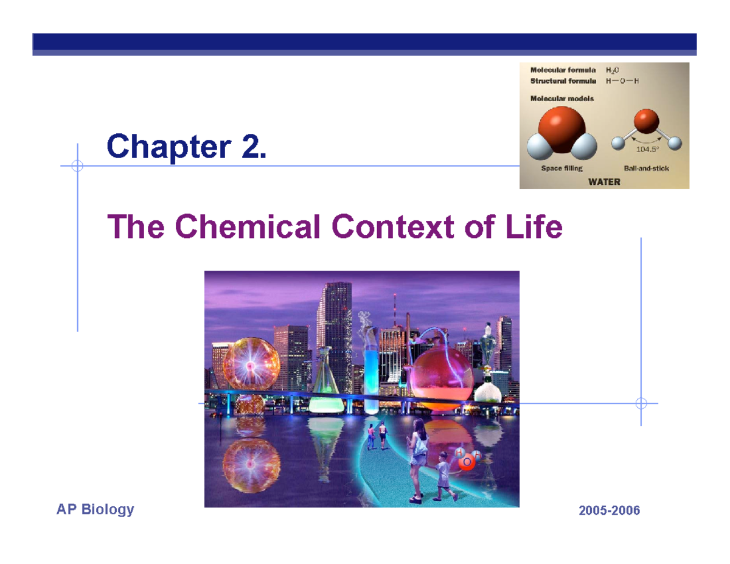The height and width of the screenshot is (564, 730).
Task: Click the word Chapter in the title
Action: click(x=165, y=147)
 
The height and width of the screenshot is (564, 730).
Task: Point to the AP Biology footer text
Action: click(x=95, y=510)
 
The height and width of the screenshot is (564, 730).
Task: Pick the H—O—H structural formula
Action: click(x=622, y=81)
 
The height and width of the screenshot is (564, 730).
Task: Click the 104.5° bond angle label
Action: click(x=646, y=149)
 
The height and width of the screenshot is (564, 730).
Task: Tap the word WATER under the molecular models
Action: click(x=603, y=181)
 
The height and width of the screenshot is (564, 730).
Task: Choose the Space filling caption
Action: click(x=562, y=169)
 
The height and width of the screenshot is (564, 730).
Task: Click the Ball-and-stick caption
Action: click(x=647, y=169)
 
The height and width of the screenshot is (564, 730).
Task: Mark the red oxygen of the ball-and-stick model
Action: click(x=646, y=120)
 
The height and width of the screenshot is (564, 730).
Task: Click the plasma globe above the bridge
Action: click(x=251, y=364)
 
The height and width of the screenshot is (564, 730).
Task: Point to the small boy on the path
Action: click(x=443, y=475)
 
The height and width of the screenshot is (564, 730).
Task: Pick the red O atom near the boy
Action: click(x=467, y=463)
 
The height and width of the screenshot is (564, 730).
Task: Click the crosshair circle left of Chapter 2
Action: click(x=77, y=165)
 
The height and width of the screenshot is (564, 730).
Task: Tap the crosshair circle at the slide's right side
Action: click(x=641, y=403)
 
